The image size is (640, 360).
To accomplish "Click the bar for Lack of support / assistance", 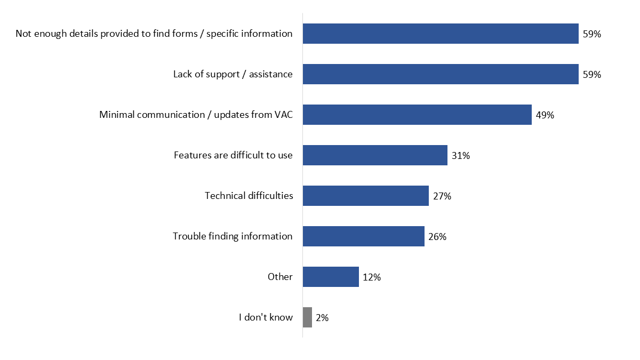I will tap(441, 74).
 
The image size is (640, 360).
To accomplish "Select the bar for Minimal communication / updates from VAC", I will tap(417, 115).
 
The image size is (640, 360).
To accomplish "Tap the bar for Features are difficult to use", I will tap(375, 155).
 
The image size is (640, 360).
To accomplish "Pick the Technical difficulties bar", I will tap(366, 196).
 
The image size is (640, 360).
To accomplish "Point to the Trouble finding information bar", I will tap(364, 236).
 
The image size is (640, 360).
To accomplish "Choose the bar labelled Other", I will tap(331, 277).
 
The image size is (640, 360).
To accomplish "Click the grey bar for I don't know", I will tap(307, 317).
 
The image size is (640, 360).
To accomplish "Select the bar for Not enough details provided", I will tap(441, 34).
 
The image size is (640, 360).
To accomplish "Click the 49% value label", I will tap(545, 115).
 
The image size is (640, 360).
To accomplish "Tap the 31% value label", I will tap(461, 156).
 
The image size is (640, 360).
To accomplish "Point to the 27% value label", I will tap(442, 196).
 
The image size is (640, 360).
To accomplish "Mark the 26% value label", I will tap(437, 237).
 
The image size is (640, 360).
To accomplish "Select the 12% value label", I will tap(372, 277).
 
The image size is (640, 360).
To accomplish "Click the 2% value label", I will tap(322, 318).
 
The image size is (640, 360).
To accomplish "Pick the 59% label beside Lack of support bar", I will tap(592, 75).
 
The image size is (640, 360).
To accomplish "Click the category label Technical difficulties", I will tap(249, 196).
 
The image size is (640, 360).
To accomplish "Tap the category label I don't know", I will tap(266, 317).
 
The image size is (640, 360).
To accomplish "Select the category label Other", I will tap(280, 277).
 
